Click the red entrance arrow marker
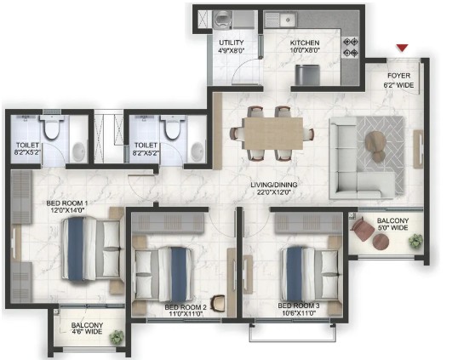(402, 48)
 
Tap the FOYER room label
(398, 76)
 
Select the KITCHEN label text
(305, 43)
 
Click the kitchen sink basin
(288, 20)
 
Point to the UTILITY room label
(232, 43)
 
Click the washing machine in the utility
(221, 20)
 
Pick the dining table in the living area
(273, 134)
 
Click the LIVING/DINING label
(274, 185)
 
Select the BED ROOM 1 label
(67, 203)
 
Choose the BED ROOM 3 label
(299, 306)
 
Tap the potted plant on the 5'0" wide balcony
(415, 241)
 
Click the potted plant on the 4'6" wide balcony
(117, 338)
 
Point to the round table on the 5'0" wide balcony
(381, 242)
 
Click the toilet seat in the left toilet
(52, 128)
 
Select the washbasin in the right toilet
(198, 151)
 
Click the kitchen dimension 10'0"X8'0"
(305, 50)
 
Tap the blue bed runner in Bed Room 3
(295, 274)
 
